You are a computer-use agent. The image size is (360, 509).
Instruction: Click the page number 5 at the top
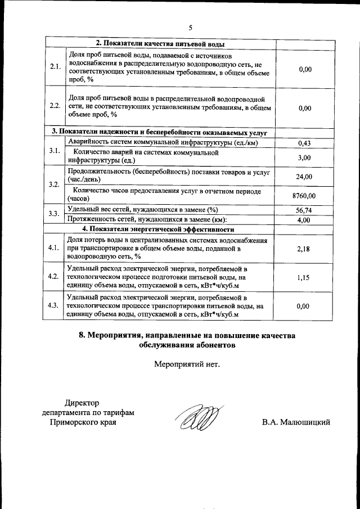pos(190,28)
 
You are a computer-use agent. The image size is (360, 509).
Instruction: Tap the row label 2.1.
pos(55,67)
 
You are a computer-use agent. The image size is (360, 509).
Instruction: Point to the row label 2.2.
pos(55,106)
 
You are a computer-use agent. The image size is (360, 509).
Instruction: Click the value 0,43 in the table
pos(304,143)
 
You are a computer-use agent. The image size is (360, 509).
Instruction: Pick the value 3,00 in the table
pos(304,157)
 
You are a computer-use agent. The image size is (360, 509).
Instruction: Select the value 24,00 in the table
pos(304,177)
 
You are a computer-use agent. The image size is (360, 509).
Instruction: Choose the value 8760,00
pos(304,196)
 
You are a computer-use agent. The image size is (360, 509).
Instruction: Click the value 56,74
pos(304,210)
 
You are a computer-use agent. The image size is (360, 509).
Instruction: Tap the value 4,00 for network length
pos(304,220)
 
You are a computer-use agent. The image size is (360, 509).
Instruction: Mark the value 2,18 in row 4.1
pos(304,248)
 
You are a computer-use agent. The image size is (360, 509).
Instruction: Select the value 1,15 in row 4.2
pos(304,277)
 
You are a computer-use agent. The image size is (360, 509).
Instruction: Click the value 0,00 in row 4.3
pos(304,306)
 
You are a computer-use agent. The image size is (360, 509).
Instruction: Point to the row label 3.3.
pos(55,214)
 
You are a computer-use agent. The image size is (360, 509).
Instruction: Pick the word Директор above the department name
pos(82,403)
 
